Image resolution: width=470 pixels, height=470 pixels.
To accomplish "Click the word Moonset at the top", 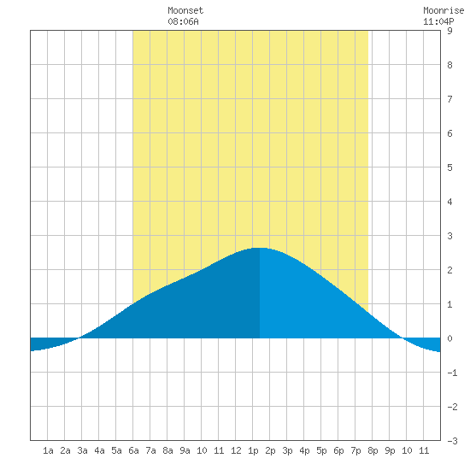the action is pos(185,10).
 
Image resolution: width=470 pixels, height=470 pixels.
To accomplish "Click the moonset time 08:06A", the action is pos(183,21).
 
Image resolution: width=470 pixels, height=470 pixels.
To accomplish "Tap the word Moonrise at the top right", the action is pos(444,10).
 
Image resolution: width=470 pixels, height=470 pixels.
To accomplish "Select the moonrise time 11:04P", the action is pos(438,21).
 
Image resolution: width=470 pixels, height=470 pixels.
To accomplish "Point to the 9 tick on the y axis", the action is pos(449,31).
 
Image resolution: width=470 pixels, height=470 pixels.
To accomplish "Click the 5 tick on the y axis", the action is pos(449,167).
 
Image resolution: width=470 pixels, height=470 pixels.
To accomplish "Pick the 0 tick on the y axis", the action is pos(449,338).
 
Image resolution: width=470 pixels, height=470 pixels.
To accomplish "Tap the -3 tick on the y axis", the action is pos(452,441).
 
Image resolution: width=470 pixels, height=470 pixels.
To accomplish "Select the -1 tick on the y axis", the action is pos(452,373).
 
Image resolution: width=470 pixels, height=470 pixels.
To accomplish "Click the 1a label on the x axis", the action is pos(48,450).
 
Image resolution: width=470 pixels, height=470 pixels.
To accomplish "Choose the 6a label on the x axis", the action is pos(133,450).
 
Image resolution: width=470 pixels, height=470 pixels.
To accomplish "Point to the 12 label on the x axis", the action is pos(236,450).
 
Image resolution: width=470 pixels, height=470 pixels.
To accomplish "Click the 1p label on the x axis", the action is pos(253,450).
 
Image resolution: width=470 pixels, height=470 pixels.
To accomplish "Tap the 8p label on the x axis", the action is pos(373,450).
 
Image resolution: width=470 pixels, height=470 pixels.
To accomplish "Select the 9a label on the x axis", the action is pos(185,450).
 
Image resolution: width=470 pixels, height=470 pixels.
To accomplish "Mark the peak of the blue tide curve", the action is pos(260,248).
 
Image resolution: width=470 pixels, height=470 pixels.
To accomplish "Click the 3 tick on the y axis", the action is pos(449,236).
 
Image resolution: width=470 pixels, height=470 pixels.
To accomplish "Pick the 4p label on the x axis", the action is pos(304,450).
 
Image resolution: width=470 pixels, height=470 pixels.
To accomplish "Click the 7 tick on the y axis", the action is pos(449,99).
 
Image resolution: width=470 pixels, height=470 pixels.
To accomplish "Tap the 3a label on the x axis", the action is pos(82,450).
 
